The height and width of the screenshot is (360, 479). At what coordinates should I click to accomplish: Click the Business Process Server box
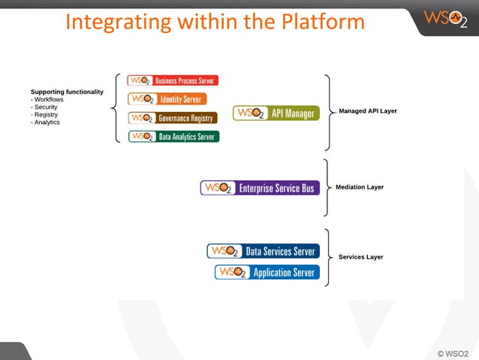click(x=173, y=80)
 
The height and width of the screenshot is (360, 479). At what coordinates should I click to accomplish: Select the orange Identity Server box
click(x=167, y=98)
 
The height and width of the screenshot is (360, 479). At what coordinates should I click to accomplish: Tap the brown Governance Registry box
click(x=173, y=118)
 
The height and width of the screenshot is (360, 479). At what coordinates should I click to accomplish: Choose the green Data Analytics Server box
click(x=173, y=136)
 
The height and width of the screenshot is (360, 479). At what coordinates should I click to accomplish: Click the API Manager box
click(x=276, y=113)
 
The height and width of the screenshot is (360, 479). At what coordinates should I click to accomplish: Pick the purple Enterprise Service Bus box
click(x=260, y=188)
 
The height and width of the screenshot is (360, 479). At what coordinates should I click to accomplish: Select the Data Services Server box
click(x=263, y=251)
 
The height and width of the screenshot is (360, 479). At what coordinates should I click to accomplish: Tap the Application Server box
click(x=267, y=272)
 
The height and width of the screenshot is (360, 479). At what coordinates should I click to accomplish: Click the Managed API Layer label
click(x=368, y=110)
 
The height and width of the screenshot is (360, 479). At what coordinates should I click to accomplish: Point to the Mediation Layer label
click(x=360, y=187)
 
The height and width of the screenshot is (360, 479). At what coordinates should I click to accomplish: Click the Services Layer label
click(x=360, y=257)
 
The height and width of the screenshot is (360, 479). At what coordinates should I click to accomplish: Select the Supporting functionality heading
click(x=67, y=92)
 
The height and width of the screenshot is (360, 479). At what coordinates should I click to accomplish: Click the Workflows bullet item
click(x=49, y=99)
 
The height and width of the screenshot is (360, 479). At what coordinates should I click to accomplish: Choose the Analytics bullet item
click(x=47, y=122)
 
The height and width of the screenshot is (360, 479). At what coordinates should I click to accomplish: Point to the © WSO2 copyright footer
click(x=453, y=352)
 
